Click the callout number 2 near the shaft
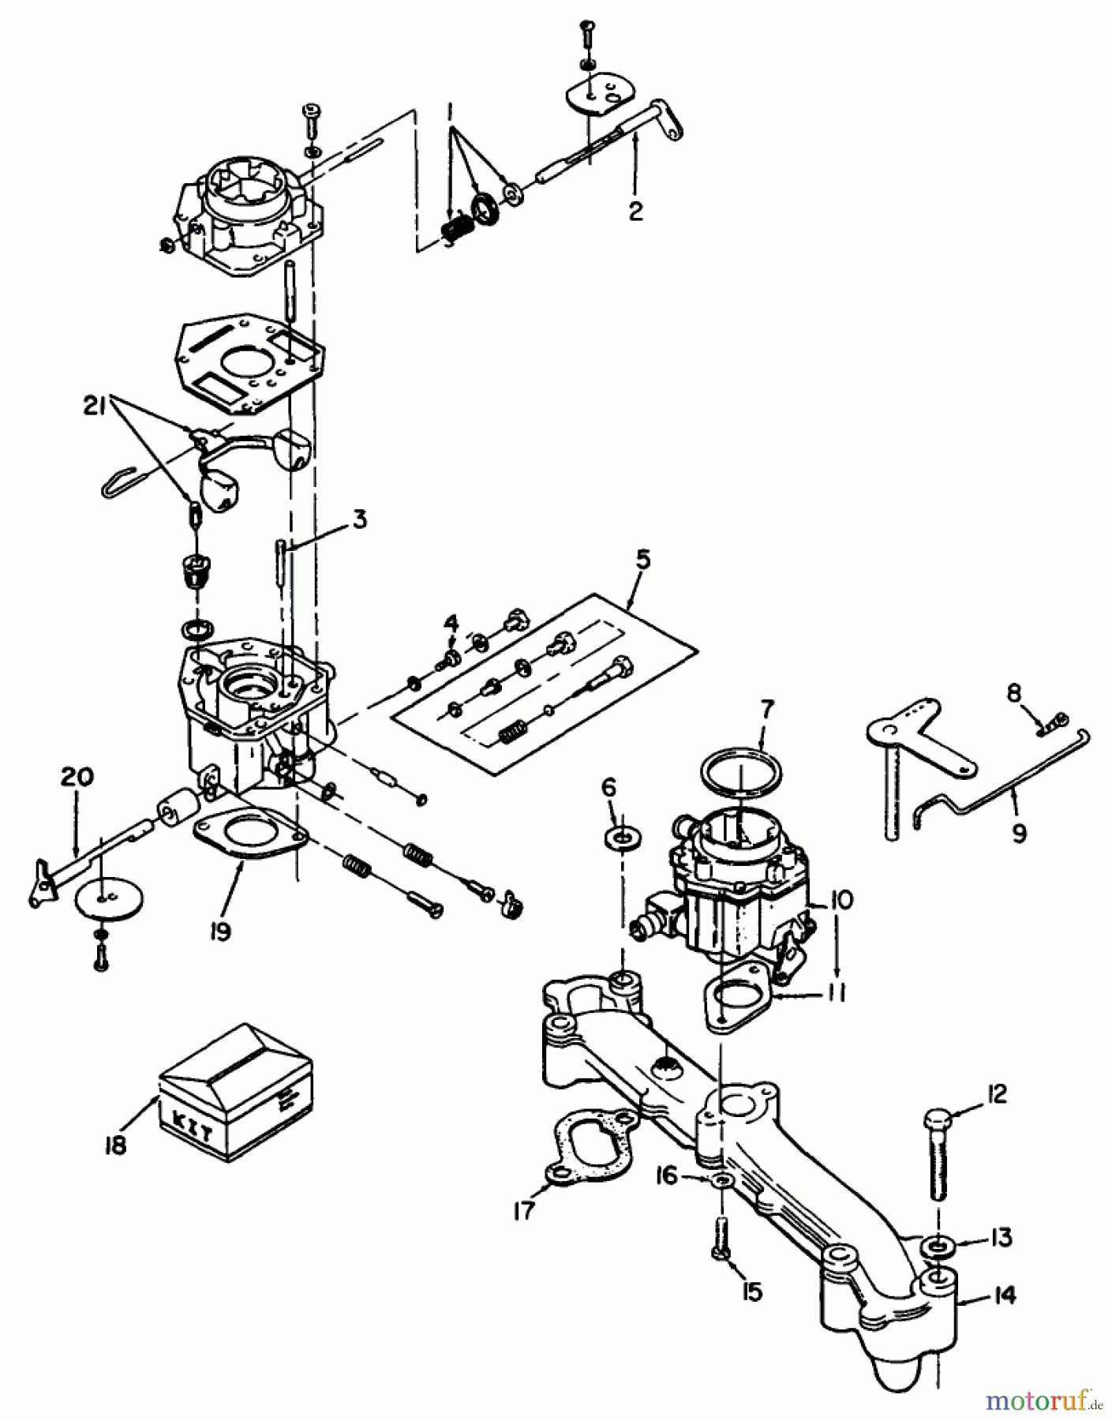[x=636, y=211]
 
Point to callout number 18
[x=116, y=1145]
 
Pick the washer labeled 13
[x=936, y=1247]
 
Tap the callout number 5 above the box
[x=643, y=561]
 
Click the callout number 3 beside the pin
[x=359, y=519]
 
